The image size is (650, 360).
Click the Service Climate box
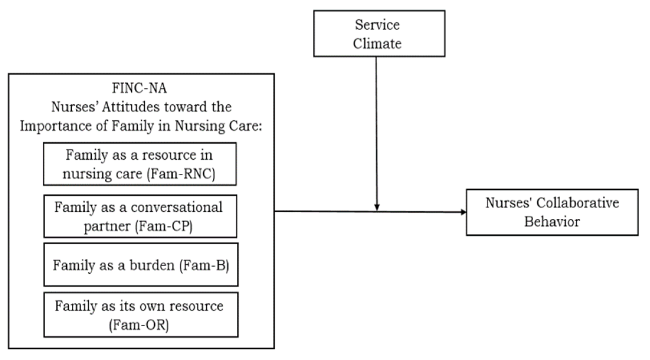(x=379, y=33)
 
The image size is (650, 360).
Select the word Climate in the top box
(x=377, y=44)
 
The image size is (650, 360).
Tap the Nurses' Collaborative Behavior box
(x=552, y=212)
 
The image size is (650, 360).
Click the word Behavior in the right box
(x=552, y=222)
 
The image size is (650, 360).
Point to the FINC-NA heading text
(x=139, y=88)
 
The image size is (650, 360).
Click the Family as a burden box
(x=141, y=265)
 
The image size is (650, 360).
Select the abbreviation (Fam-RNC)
(x=181, y=174)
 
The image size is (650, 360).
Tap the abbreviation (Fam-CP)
(x=164, y=226)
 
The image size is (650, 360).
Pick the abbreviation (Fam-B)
(x=204, y=265)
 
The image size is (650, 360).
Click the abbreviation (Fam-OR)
(x=139, y=325)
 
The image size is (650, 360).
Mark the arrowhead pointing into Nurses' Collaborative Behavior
(x=463, y=212)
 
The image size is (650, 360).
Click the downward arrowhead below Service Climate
(x=377, y=207)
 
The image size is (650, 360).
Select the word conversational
(x=176, y=207)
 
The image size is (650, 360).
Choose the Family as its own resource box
(x=141, y=315)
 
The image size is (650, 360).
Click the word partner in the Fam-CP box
(x=107, y=226)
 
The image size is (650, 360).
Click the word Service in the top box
(x=377, y=25)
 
